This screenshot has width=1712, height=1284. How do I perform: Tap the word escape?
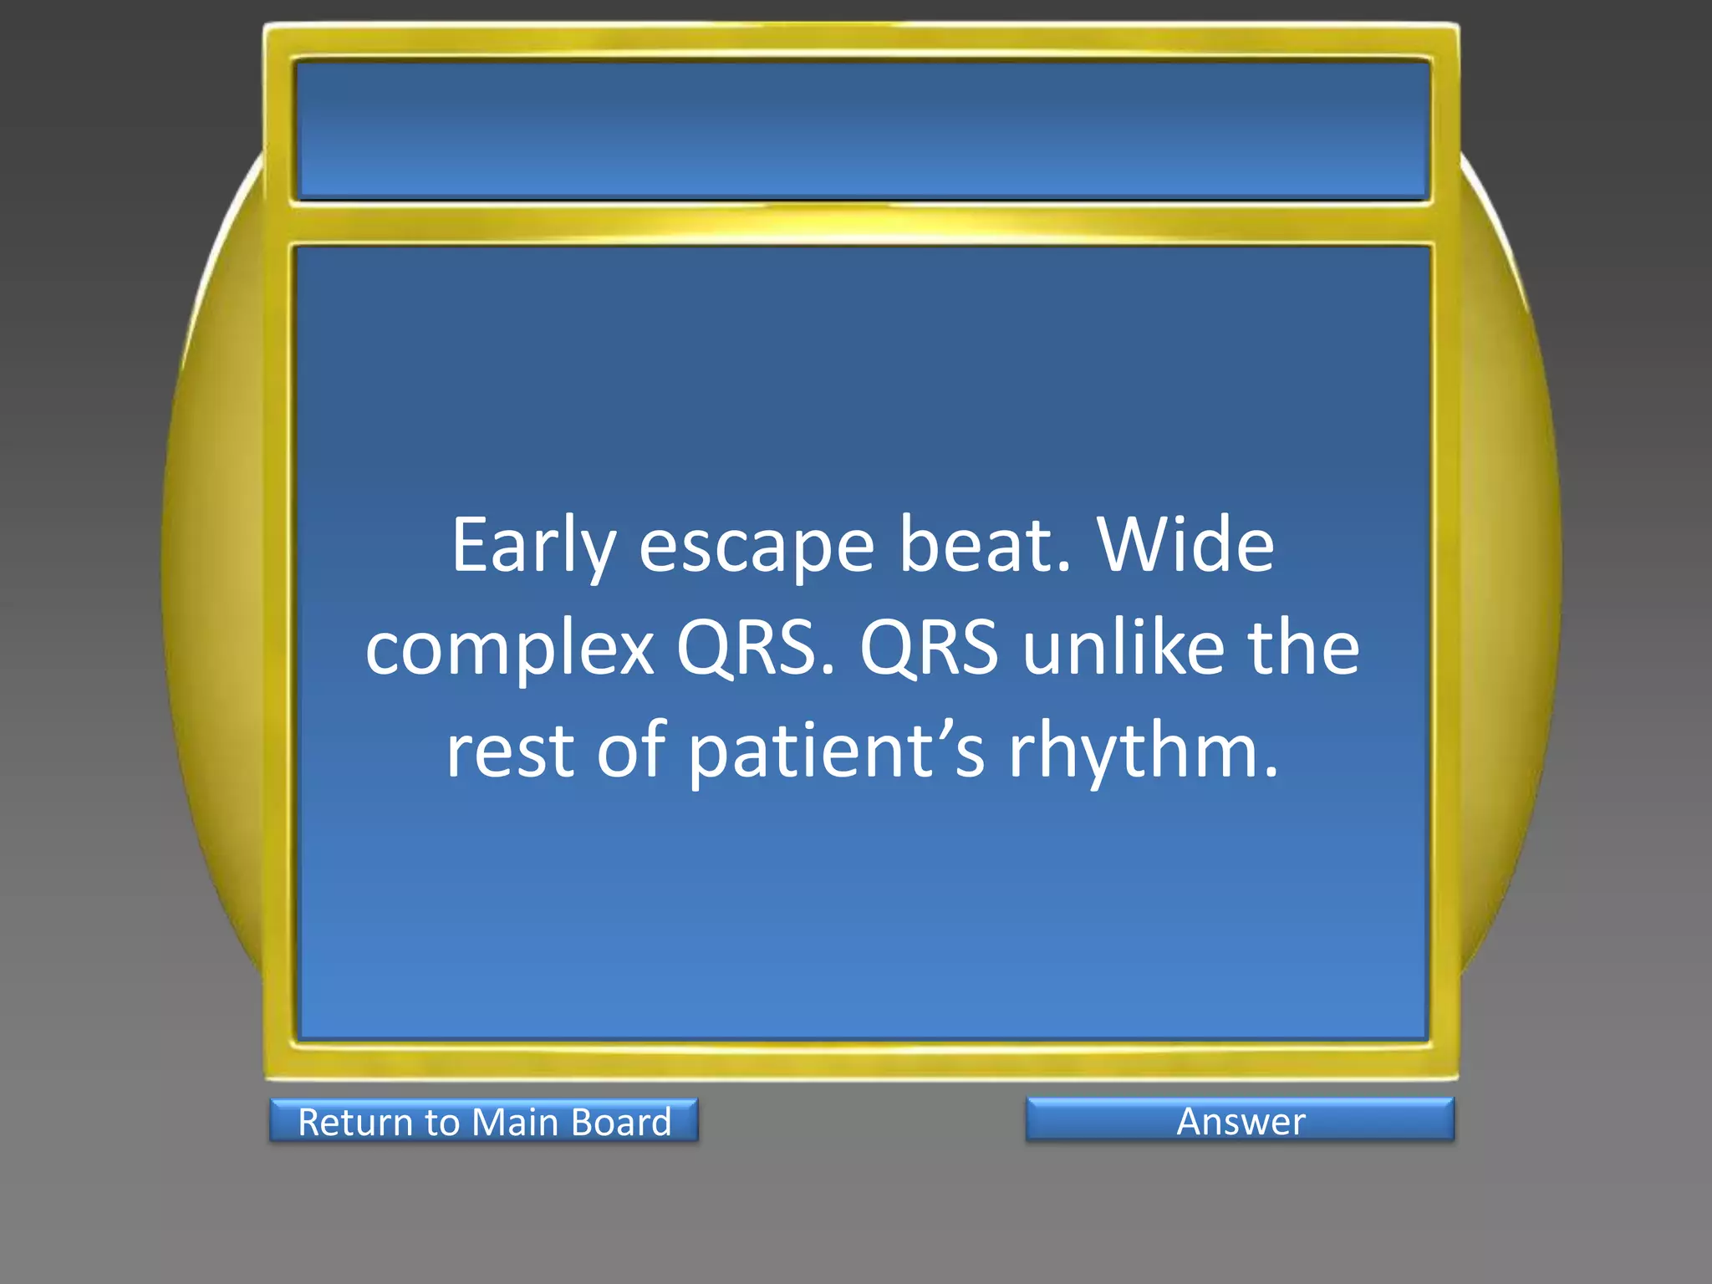tap(757, 547)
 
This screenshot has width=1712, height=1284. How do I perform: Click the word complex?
tap(510, 650)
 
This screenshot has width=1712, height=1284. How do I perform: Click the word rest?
tap(510, 751)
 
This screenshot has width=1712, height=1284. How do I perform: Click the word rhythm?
tap(1133, 751)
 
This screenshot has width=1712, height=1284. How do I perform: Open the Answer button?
tap(1240, 1120)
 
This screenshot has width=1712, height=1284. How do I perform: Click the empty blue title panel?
tap(862, 130)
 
